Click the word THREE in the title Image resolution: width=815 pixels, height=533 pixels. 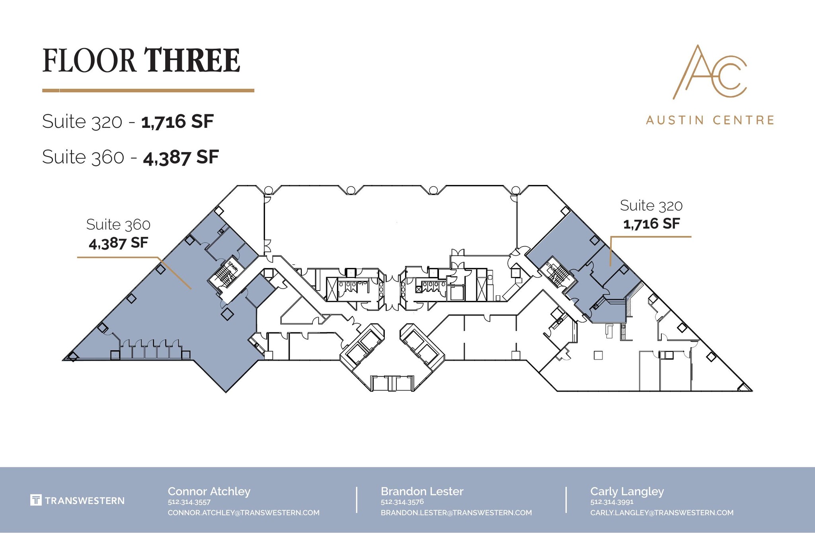pyautogui.click(x=192, y=61)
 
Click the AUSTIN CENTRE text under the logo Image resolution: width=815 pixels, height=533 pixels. pyautogui.click(x=710, y=120)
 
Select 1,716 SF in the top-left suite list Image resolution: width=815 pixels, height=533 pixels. pyautogui.click(x=177, y=121)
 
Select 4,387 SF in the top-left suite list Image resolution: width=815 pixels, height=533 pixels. pyautogui.click(x=181, y=157)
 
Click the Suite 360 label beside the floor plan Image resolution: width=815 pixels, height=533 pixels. pyautogui.click(x=118, y=225)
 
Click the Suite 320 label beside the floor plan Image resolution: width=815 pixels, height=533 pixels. pyautogui.click(x=651, y=206)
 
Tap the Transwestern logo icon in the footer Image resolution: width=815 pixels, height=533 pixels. pyautogui.click(x=36, y=500)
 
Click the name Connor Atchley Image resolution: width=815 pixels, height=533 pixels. pyautogui.click(x=209, y=491)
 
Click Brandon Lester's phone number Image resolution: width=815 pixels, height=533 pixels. pyautogui.click(x=402, y=502)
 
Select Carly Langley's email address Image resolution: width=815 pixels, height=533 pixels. pyautogui.click(x=661, y=513)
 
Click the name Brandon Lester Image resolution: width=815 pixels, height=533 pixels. pyautogui.click(x=422, y=491)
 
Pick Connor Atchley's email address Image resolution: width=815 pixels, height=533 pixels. pyautogui.click(x=244, y=513)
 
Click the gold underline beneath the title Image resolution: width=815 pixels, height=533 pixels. pyautogui.click(x=148, y=91)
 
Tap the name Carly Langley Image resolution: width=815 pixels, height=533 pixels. pyautogui.click(x=627, y=491)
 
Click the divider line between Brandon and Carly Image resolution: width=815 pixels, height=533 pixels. pyautogui.click(x=565, y=500)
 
